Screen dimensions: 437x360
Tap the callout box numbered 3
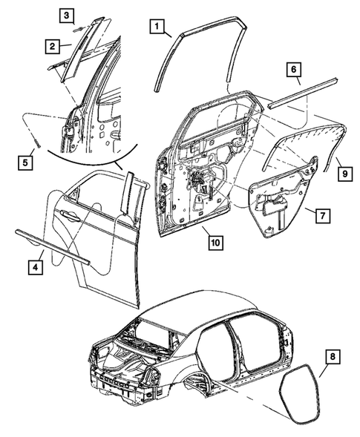[66, 15]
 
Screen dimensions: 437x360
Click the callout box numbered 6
[294, 70]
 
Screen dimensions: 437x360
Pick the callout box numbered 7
[321, 216]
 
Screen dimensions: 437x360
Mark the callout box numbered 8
[332, 359]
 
